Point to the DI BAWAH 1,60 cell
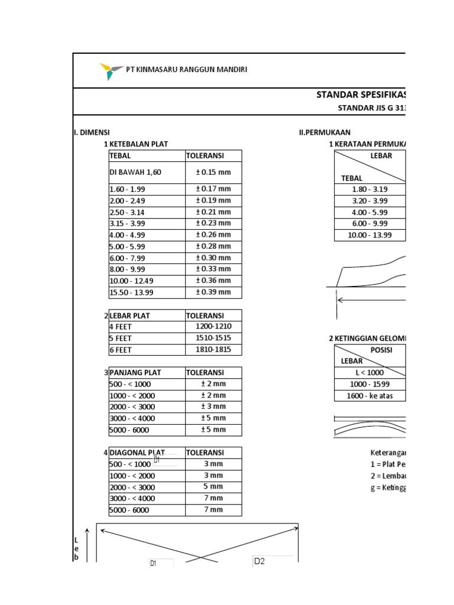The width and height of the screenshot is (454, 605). (x=135, y=173)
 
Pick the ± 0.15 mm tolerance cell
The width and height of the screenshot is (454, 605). (x=213, y=173)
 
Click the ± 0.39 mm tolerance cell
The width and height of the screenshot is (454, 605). (x=213, y=292)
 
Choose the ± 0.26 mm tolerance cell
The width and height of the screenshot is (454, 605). (x=213, y=235)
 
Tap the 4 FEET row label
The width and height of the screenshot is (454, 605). (x=121, y=327)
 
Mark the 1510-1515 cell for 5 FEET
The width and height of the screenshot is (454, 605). (x=213, y=338)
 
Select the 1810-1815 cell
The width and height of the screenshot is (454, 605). (x=213, y=350)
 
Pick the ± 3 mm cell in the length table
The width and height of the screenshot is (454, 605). (x=213, y=407)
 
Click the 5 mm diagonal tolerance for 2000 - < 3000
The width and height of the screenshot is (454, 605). (x=213, y=487)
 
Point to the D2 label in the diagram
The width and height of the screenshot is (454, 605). (x=260, y=561)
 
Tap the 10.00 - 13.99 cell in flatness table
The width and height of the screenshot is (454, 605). (x=370, y=235)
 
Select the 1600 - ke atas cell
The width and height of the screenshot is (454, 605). (x=370, y=396)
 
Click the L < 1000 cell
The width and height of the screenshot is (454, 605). (x=370, y=373)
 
